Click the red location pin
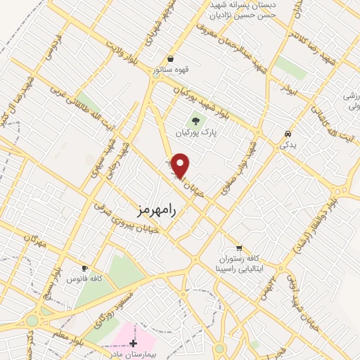coord(181,165)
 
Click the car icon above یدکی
coord(287,133)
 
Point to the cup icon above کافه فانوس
coord(85,268)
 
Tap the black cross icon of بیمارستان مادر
coord(134,342)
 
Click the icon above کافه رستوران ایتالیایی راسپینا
coord(239,247)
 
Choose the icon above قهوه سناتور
coord(170,59)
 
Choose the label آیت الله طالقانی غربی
coord(77,110)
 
